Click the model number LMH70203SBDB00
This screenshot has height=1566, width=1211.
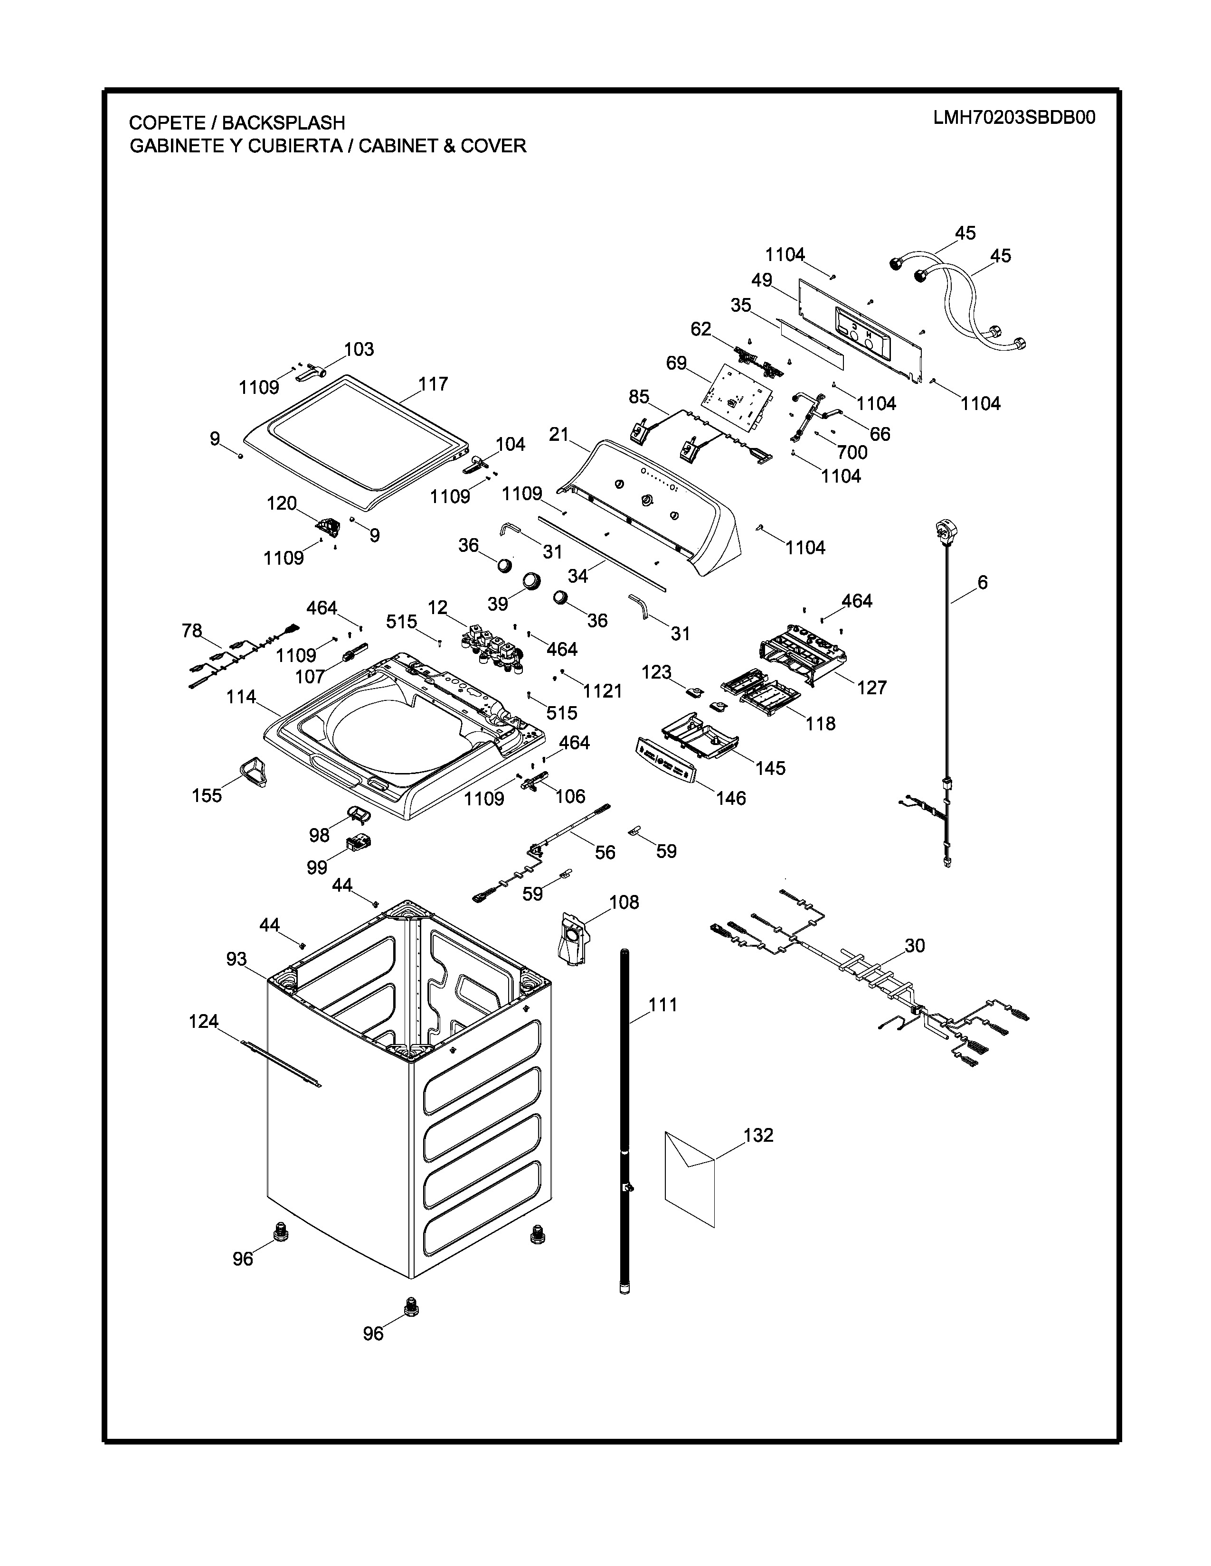[x=1014, y=118]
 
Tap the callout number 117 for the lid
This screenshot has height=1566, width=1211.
[x=433, y=384]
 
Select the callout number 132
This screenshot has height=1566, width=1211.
[x=758, y=1135]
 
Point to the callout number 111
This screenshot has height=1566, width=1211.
[x=663, y=1005]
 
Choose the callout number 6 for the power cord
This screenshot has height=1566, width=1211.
[x=982, y=582]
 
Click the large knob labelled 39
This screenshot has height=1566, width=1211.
[x=531, y=580]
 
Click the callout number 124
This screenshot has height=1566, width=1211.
[x=203, y=1021]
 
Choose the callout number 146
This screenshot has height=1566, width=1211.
[x=730, y=798]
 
